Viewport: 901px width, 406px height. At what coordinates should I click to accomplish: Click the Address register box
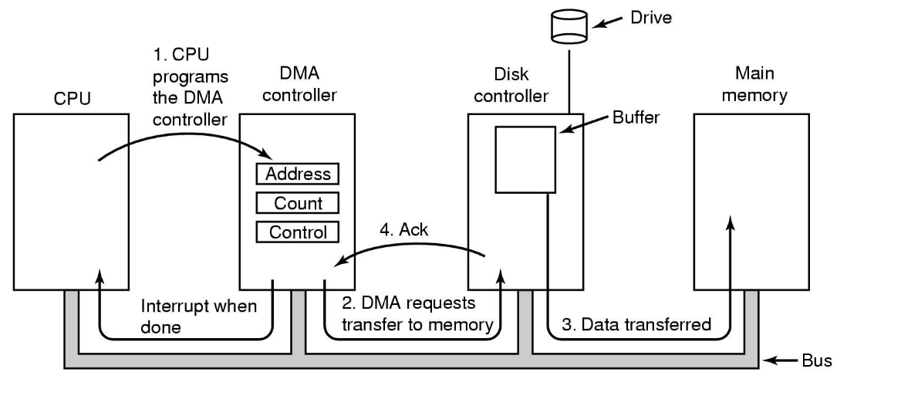(x=297, y=174)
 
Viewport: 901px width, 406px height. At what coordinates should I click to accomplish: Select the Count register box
(x=297, y=203)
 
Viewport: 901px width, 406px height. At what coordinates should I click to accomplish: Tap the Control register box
(x=297, y=232)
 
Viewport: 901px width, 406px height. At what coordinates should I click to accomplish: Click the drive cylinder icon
(x=569, y=26)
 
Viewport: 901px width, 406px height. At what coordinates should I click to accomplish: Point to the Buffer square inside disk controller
(x=525, y=159)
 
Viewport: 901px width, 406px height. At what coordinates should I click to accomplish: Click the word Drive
(x=651, y=17)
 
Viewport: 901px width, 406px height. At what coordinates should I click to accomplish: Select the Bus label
(x=816, y=360)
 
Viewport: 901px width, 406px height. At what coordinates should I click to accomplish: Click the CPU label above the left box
(x=72, y=98)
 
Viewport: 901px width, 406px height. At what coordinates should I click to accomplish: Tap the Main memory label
(x=754, y=84)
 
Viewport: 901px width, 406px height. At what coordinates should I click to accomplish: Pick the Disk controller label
(x=511, y=85)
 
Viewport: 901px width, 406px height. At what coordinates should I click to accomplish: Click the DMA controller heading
(x=299, y=84)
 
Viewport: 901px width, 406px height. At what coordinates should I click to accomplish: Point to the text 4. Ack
(x=403, y=229)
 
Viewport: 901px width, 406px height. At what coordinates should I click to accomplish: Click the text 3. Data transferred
(x=636, y=324)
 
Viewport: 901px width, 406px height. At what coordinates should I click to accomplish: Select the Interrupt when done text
(x=198, y=316)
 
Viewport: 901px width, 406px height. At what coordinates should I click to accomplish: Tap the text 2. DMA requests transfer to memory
(x=417, y=313)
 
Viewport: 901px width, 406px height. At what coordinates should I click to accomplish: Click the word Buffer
(x=636, y=117)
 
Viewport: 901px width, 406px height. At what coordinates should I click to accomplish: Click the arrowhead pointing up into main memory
(x=731, y=222)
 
